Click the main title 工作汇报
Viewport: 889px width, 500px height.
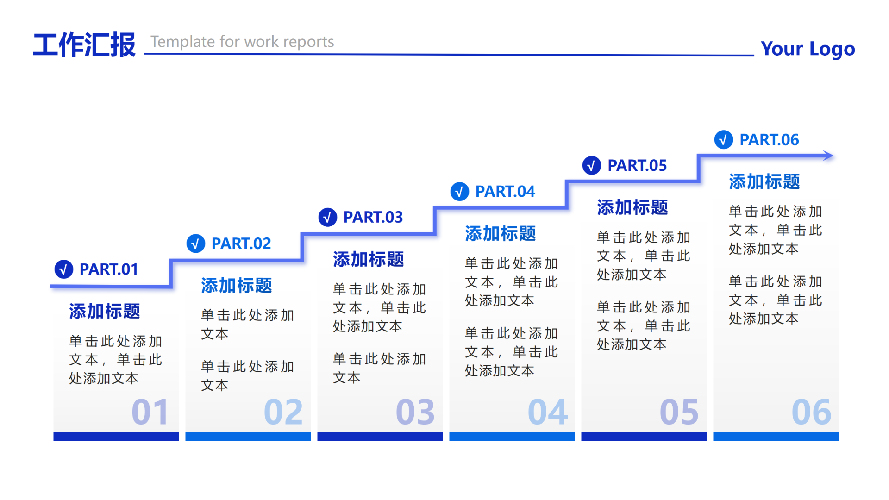click(x=84, y=45)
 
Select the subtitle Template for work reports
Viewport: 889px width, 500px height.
click(x=242, y=42)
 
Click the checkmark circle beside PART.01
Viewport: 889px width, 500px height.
click(x=64, y=269)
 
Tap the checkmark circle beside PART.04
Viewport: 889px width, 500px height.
click(x=460, y=191)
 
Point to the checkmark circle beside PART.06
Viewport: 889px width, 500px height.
click(x=724, y=139)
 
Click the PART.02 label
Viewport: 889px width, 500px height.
click(x=241, y=244)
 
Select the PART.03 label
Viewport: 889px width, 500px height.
click(x=373, y=217)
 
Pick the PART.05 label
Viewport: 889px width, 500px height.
click(x=637, y=165)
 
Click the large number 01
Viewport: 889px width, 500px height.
click(x=150, y=412)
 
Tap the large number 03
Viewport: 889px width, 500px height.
click(x=415, y=412)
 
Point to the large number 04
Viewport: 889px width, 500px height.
click(x=548, y=412)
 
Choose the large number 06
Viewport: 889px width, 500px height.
click(x=812, y=412)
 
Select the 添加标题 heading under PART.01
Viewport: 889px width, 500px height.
click(x=105, y=312)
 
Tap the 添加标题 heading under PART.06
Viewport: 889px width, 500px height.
click(x=764, y=182)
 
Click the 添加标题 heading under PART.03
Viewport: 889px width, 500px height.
click(x=369, y=260)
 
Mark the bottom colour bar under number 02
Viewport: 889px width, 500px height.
click(x=248, y=437)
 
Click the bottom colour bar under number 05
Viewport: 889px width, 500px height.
click(x=644, y=437)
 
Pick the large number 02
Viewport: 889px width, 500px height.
click(x=283, y=412)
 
